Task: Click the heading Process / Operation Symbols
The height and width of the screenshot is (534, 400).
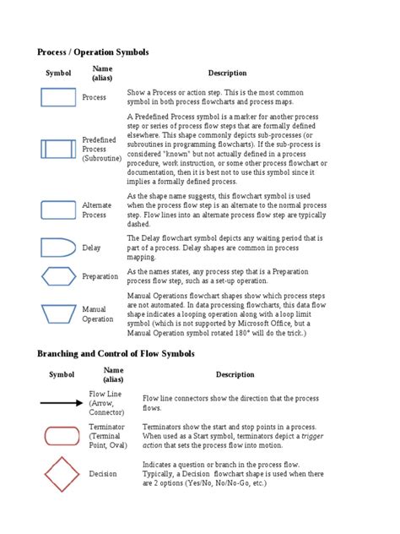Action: click(x=93, y=52)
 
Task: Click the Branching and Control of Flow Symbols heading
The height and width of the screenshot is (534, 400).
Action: click(x=116, y=353)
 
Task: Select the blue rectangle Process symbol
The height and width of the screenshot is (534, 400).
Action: click(x=58, y=97)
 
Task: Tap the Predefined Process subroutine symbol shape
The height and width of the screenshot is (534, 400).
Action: click(x=58, y=150)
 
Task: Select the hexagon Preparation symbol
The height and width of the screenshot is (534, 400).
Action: click(x=58, y=276)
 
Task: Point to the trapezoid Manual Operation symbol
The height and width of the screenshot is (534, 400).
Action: click(x=58, y=314)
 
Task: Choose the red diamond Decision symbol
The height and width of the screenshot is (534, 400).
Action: click(x=61, y=474)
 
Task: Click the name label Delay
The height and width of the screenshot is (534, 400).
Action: click(x=91, y=248)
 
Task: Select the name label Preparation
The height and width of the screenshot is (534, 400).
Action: click(x=100, y=277)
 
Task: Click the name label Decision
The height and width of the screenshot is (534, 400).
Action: click(x=103, y=474)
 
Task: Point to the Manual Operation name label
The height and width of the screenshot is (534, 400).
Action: click(x=98, y=314)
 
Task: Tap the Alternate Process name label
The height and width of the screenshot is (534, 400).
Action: click(x=96, y=210)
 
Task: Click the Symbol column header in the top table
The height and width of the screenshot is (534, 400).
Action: click(x=58, y=74)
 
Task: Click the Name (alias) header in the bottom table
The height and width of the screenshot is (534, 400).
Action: click(x=113, y=374)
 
